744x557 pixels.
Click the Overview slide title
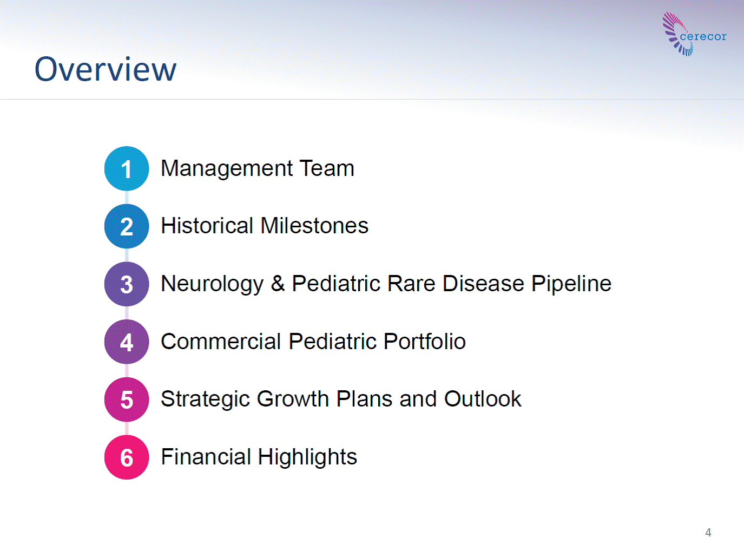(106, 69)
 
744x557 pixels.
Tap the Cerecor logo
(694, 34)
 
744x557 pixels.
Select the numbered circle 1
(127, 168)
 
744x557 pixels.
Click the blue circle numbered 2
(127, 226)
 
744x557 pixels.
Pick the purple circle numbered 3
(127, 284)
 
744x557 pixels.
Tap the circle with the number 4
(127, 342)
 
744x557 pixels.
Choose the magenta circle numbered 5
(127, 399)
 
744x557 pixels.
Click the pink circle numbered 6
(127, 457)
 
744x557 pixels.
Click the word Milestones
(314, 226)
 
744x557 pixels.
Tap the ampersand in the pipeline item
(278, 284)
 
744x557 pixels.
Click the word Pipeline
(571, 284)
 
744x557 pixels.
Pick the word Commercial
(221, 341)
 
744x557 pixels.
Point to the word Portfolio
(425, 341)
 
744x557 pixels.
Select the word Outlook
(483, 399)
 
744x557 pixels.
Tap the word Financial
(206, 457)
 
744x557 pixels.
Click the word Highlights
(307, 457)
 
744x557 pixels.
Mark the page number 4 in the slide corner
(708, 533)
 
